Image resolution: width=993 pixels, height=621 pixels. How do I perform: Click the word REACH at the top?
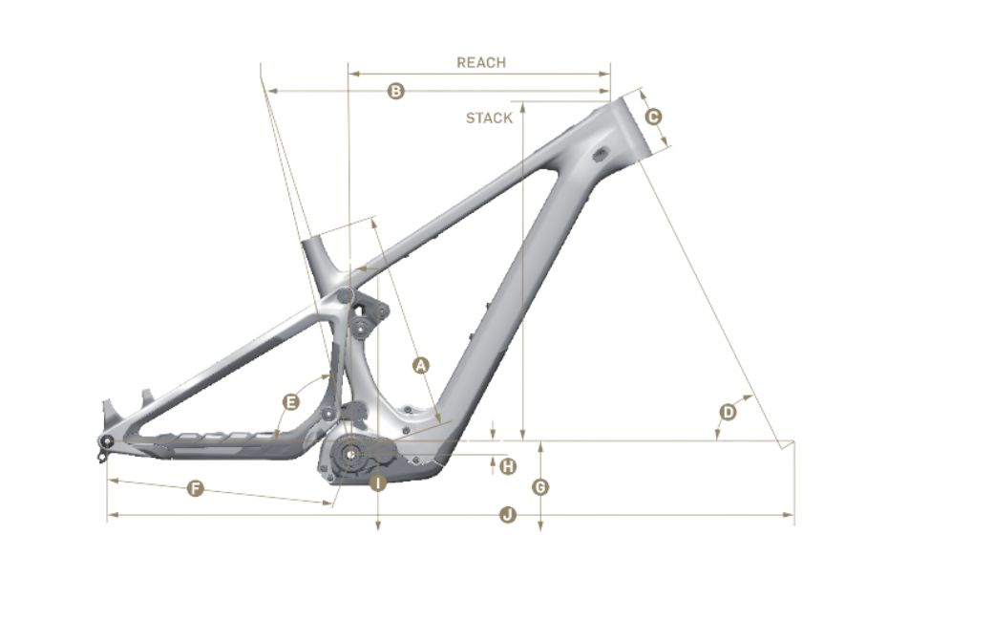coord(481,62)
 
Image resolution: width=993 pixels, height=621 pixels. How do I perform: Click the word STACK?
coord(489,118)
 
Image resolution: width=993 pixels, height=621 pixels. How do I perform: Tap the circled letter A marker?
coord(420,365)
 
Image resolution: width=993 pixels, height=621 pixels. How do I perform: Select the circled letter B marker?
coord(395,92)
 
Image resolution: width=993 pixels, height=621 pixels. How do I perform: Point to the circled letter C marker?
coord(653,117)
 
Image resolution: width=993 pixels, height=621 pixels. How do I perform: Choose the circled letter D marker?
coord(729,413)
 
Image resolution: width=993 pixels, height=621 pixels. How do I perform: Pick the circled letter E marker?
coord(290,402)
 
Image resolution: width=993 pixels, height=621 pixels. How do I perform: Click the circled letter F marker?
coord(196,488)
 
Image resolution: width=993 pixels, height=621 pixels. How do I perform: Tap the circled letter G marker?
coord(540,486)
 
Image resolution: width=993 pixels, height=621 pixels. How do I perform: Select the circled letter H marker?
coord(508,466)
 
